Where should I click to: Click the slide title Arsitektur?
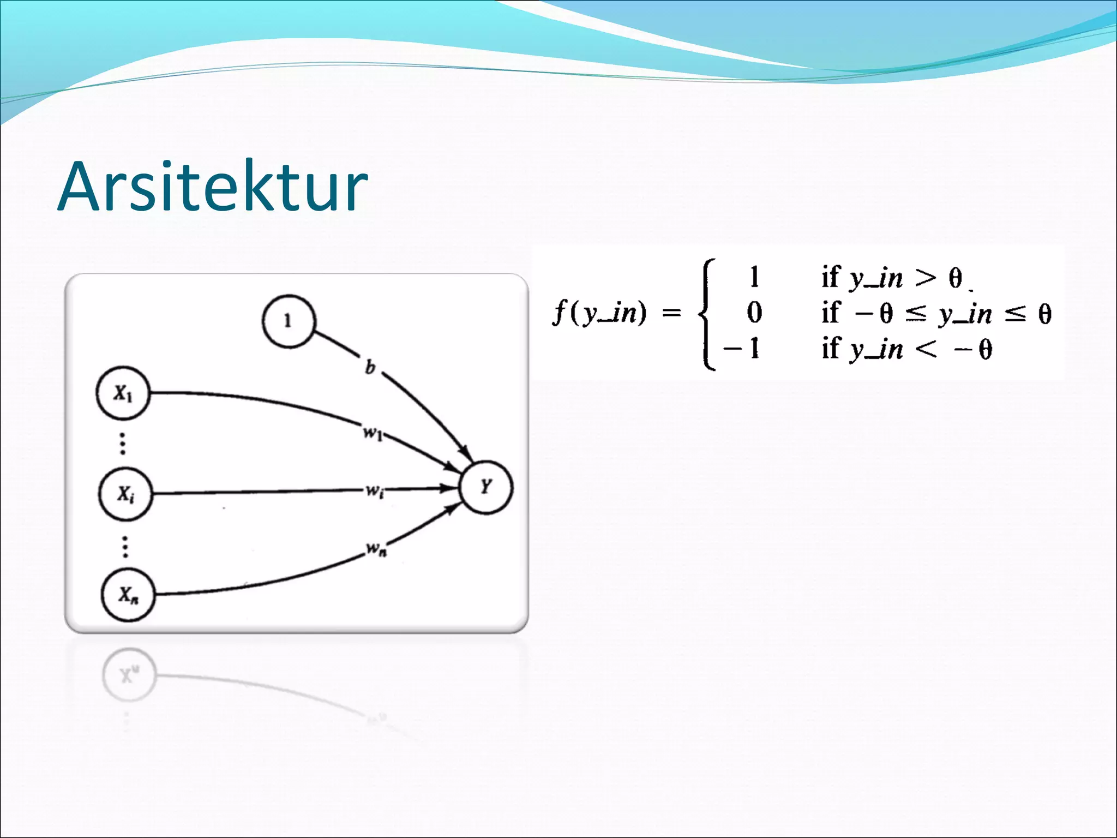pos(213,187)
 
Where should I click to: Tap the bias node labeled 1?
pos(289,321)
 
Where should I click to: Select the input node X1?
pos(123,393)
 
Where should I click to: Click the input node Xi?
pos(125,494)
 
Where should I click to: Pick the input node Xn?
pos(128,594)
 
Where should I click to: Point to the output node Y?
pos(486,487)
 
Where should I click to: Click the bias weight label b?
pos(370,367)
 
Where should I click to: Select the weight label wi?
pos(374,491)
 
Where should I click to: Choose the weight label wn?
pos(376,548)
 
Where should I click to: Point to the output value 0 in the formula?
pos(754,313)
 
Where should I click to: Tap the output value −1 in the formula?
pos(742,348)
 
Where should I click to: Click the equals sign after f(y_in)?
pos(671,313)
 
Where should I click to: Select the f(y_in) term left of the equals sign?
pos(599,313)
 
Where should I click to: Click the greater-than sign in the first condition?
pos(925,278)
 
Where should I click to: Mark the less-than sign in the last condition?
pos(926,349)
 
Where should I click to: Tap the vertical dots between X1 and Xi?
pos(123,444)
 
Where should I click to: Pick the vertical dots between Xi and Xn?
pos(125,546)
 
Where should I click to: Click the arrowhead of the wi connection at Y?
pos(452,488)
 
